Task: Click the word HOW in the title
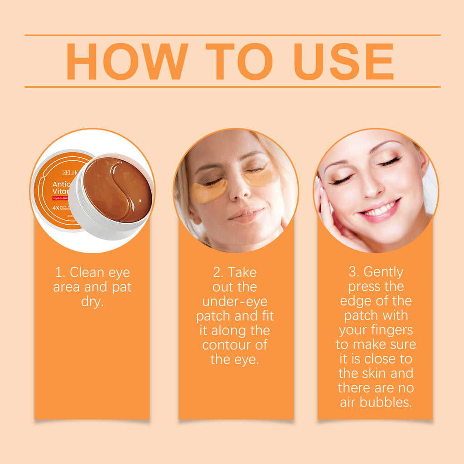[x=127, y=62]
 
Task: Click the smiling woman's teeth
[x=378, y=210]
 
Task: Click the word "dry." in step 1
[x=92, y=302]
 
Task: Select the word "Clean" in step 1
[x=87, y=273]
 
